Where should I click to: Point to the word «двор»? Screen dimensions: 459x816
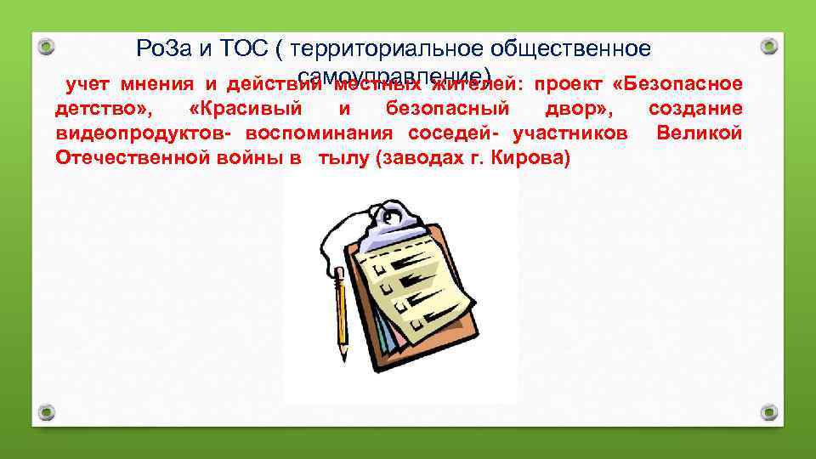573,109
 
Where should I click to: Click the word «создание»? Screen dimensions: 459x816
694,109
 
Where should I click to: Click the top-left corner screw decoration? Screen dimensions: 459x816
48,45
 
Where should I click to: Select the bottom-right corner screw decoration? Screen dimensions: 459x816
768,412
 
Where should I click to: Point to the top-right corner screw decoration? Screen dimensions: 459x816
768,45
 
